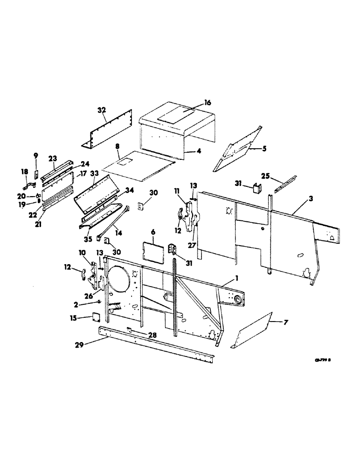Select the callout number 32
102,110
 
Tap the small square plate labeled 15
96,317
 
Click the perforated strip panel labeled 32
110,131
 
